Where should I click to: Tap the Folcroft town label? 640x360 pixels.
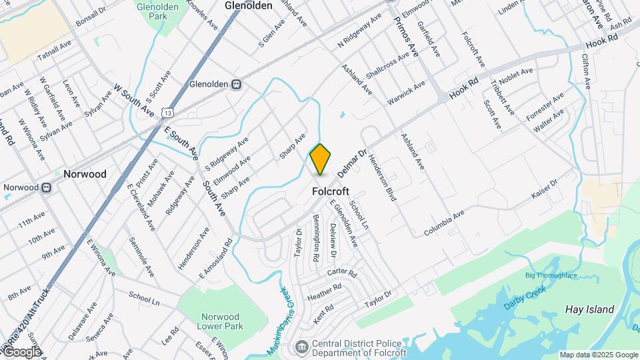click(331, 191)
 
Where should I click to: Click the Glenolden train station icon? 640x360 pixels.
click(235, 85)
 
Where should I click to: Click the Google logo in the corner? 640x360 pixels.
click(22, 351)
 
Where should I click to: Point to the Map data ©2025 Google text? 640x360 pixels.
click(598, 355)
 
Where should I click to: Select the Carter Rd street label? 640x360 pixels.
click(342, 273)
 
